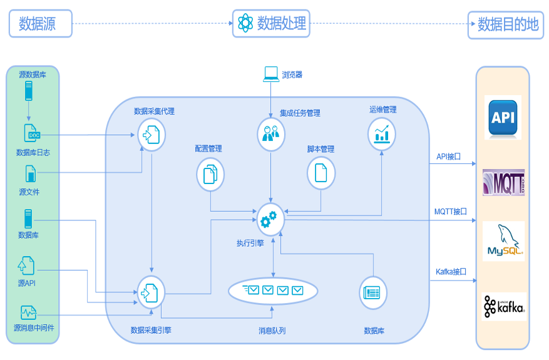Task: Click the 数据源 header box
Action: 40,24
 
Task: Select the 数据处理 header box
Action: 272,24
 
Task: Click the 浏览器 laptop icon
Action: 271,74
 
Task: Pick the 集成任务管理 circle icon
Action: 271,133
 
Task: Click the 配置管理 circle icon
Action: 210,174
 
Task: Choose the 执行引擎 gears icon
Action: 271,219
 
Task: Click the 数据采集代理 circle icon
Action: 151,135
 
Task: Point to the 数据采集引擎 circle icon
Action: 151,291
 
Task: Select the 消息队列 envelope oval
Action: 273,290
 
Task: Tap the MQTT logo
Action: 503,183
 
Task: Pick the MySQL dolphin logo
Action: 504,241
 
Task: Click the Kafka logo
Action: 504,307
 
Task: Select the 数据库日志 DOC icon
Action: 34,133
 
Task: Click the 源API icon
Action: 27,265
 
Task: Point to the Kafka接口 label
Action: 451,272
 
